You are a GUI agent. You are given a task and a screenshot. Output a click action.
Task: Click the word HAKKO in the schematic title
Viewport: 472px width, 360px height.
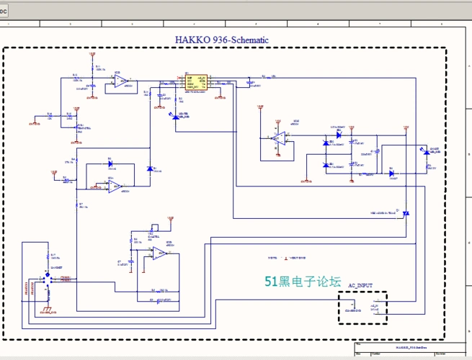point(192,40)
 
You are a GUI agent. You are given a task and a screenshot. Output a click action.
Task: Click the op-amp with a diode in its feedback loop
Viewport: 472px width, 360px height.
point(115,186)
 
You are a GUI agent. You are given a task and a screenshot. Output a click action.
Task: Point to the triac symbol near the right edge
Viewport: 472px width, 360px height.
point(406,213)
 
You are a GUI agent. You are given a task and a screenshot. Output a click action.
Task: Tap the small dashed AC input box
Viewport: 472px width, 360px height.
point(363,308)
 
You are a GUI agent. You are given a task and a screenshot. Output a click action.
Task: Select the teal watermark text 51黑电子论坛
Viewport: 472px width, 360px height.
point(302,282)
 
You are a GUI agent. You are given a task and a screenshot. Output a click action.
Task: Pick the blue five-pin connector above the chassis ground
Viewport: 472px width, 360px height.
point(48,279)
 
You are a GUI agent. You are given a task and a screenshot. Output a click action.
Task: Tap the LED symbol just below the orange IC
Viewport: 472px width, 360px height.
point(176,116)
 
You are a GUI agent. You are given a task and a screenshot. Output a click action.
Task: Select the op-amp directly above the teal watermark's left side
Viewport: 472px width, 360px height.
point(159,252)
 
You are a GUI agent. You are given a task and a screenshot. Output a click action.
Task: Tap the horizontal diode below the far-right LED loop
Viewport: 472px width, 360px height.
point(391,173)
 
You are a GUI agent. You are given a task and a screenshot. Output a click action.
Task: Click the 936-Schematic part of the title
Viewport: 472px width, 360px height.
point(240,40)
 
